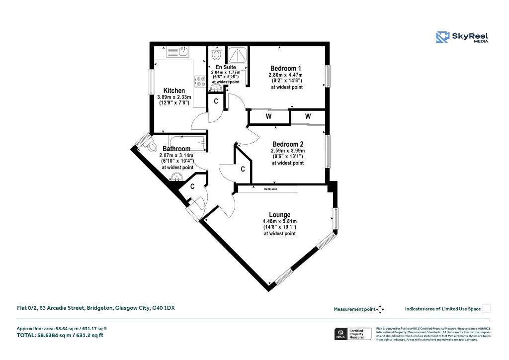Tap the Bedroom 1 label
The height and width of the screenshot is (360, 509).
pos(286,68)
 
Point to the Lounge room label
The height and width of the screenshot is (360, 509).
pos(279,215)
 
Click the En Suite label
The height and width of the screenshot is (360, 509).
pos(225,67)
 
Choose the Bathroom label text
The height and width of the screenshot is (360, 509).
pos(176,149)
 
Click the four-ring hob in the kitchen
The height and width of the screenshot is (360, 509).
pos(201,81)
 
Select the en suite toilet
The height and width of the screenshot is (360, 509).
pos(216,53)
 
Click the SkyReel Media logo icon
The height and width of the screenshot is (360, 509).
pos(442,37)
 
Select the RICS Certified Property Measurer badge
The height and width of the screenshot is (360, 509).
pos(352,334)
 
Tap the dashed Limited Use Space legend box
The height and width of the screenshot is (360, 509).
pos(487,309)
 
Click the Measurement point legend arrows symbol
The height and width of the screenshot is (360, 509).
pos(380,309)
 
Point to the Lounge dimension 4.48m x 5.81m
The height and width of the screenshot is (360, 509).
pos(279,222)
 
